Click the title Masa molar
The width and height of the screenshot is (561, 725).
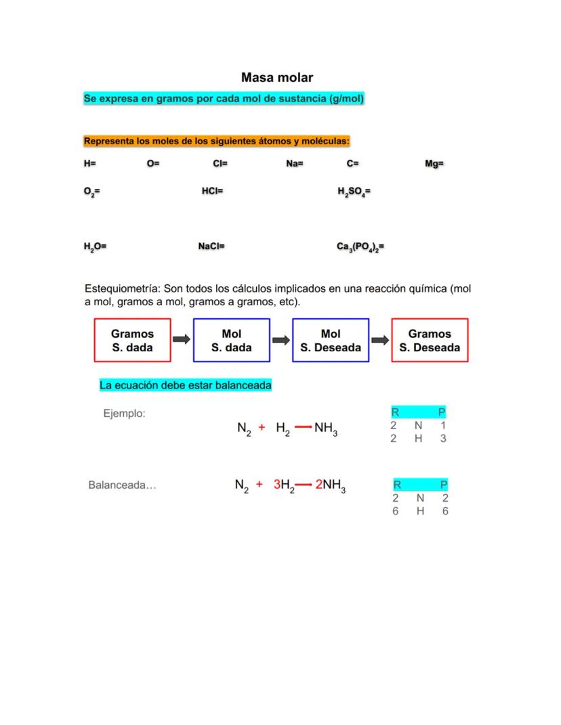(x=277, y=78)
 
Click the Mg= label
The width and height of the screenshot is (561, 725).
(x=434, y=164)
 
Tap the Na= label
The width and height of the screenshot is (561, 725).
(x=295, y=164)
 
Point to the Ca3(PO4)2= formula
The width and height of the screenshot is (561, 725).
(x=360, y=247)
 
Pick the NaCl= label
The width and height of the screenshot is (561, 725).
(x=211, y=246)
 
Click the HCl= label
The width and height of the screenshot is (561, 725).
(x=212, y=192)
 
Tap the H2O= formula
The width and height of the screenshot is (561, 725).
(x=95, y=247)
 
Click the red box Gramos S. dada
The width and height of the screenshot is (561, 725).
(x=133, y=340)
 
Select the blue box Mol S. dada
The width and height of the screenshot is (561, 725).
(x=232, y=340)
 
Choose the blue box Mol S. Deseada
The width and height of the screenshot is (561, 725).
(x=331, y=340)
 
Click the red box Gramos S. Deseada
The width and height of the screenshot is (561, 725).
(x=430, y=340)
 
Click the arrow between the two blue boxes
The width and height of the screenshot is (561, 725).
(x=281, y=340)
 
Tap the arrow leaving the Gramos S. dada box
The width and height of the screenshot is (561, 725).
(x=182, y=340)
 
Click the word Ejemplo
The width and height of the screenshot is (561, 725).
(x=124, y=413)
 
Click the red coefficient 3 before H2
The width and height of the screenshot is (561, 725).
(x=276, y=485)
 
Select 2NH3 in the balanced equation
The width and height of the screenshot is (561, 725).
(x=331, y=485)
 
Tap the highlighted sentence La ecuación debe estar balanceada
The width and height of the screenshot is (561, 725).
(x=186, y=385)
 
